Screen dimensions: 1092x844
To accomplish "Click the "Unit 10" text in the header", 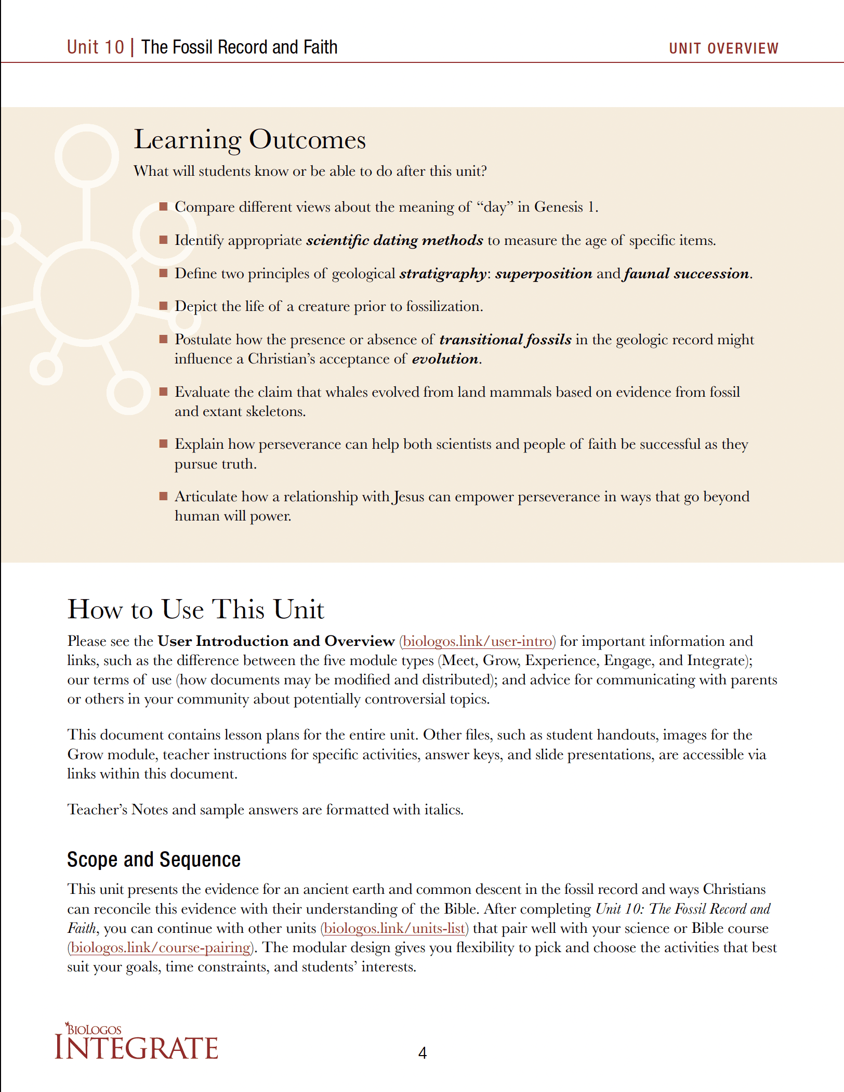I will [x=96, y=47].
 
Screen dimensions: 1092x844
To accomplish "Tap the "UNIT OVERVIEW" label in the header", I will [x=723, y=48].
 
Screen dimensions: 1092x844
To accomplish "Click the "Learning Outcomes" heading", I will [x=249, y=139].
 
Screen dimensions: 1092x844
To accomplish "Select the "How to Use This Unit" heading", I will [x=195, y=609].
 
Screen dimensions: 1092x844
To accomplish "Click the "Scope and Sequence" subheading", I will [x=154, y=860].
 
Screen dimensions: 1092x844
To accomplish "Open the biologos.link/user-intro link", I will [x=477, y=641].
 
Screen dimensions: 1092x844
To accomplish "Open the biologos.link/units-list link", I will [x=394, y=928].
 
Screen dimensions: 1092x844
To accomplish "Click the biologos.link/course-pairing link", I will [x=161, y=947].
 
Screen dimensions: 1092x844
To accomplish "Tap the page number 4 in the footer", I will [x=423, y=1053].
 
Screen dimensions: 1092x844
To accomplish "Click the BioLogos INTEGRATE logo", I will [x=136, y=1042].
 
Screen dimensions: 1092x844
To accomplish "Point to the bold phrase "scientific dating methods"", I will [x=394, y=240].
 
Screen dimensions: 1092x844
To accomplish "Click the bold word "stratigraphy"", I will [x=443, y=274].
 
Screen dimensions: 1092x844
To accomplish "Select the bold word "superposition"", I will [x=543, y=274].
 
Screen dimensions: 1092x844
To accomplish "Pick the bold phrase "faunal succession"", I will [x=687, y=274].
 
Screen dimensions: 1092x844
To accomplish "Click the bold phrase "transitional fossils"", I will [x=505, y=340].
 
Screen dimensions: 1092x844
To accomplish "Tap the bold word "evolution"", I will [x=445, y=359].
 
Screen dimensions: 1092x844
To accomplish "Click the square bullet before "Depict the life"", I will [x=163, y=306].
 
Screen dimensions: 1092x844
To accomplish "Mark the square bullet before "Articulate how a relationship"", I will [x=163, y=496].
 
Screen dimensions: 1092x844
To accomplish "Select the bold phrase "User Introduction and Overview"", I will [x=276, y=641].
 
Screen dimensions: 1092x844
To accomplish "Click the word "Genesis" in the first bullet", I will [x=559, y=207].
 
